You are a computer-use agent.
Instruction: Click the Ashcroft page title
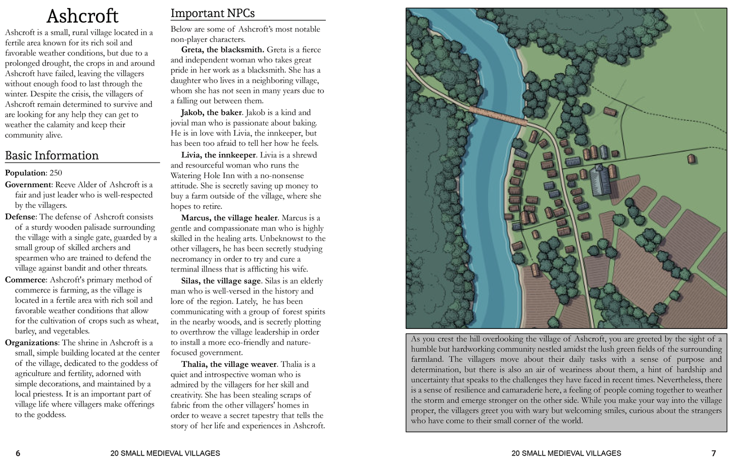click(x=82, y=16)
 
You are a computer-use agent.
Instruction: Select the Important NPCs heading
click(x=212, y=13)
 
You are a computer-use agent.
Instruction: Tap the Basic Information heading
click(x=52, y=155)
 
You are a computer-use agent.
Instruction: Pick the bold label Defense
click(x=21, y=217)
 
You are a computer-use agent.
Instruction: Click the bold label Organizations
click(x=31, y=342)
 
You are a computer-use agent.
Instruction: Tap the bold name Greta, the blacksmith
click(x=222, y=49)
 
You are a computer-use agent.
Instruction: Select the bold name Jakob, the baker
click(x=212, y=112)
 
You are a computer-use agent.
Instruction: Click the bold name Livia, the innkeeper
click(x=219, y=155)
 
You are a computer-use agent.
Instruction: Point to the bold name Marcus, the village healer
click(x=229, y=218)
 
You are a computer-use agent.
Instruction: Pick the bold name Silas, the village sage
click(x=221, y=281)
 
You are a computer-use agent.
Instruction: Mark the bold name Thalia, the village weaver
click(x=229, y=364)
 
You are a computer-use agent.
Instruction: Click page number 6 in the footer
click(x=18, y=453)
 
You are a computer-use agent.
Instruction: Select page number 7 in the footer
click(x=713, y=453)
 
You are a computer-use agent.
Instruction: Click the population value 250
click(x=56, y=173)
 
